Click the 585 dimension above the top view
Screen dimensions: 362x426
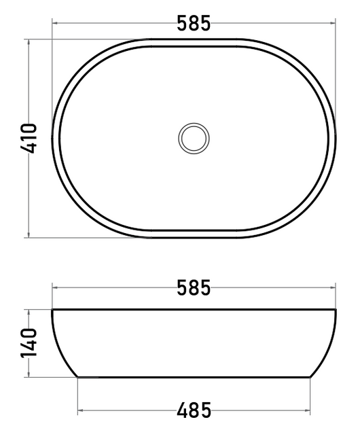194,23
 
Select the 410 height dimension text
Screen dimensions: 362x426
29,139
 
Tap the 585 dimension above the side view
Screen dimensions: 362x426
194,287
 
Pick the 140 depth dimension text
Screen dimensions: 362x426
29,343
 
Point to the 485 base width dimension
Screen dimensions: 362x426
194,410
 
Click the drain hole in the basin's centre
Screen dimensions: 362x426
194,139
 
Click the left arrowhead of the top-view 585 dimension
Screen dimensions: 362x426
54,23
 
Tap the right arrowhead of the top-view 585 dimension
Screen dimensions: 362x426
333,23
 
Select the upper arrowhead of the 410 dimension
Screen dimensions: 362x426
29,42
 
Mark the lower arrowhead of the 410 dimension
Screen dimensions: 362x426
29,235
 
